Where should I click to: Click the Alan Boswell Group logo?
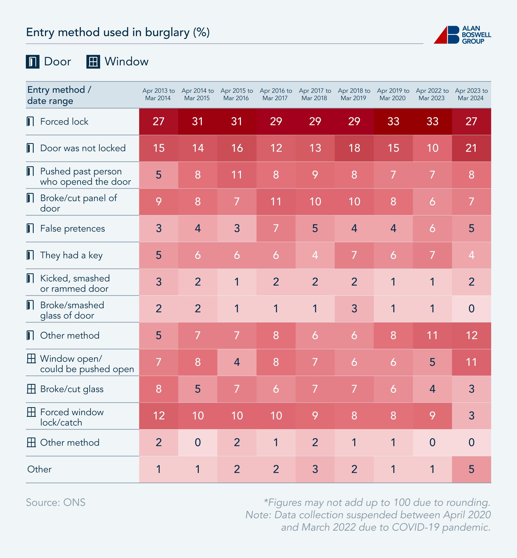462,35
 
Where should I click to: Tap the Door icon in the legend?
33,62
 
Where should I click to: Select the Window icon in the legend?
93,62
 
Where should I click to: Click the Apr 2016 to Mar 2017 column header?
276,94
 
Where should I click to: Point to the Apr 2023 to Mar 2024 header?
471,94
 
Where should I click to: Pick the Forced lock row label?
64,122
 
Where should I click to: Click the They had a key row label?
71,255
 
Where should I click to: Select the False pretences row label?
72,228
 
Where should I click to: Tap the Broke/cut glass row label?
72,389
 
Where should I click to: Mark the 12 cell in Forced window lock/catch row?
159,416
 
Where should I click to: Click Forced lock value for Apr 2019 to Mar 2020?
393,121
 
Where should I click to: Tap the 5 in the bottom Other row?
471,469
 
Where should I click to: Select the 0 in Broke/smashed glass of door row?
471,309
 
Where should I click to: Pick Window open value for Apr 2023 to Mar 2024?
471,362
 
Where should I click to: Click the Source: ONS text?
56,502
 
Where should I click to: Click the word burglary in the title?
167,33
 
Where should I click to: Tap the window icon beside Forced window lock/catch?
31,412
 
